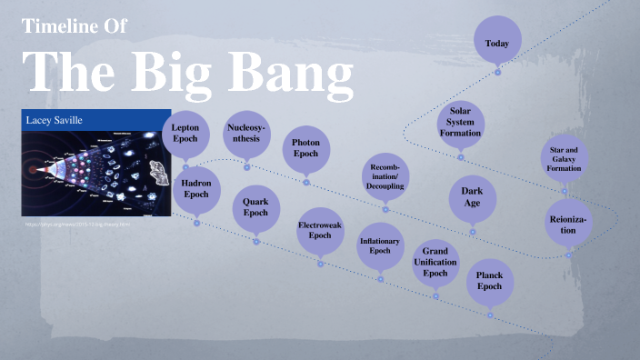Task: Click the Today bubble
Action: (497, 43)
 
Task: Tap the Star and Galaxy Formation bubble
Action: (565, 160)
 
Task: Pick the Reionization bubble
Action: (568, 224)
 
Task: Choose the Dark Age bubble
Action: (472, 196)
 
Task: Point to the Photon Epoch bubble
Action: (305, 148)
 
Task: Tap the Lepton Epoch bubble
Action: (185, 134)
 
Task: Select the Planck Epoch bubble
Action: (489, 280)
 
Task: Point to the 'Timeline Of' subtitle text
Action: (80, 26)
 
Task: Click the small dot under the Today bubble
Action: (497, 73)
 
